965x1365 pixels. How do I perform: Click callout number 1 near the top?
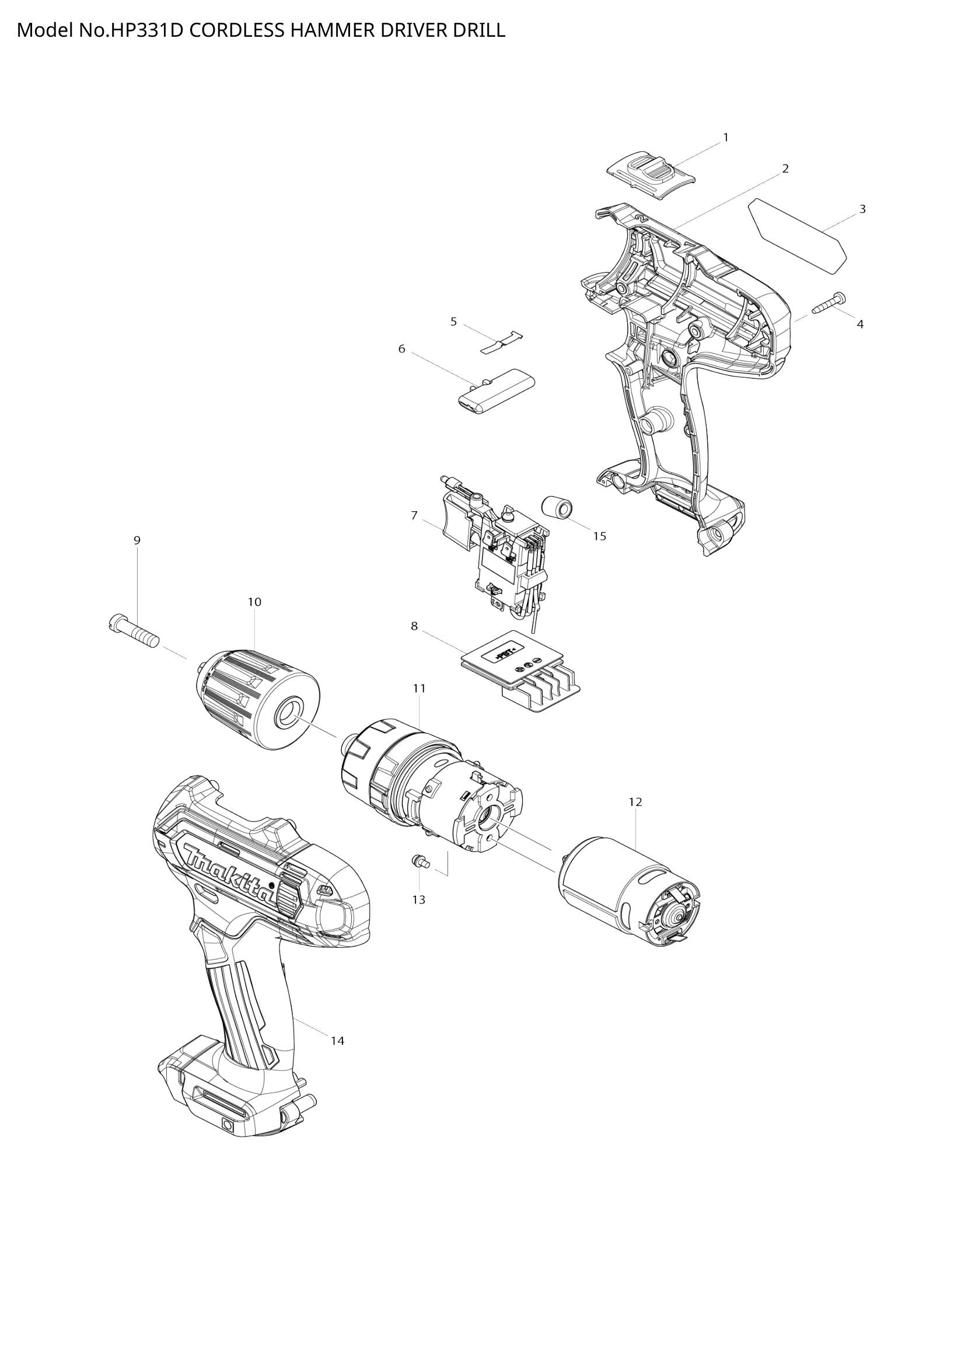point(726,137)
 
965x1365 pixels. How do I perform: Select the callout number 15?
point(600,536)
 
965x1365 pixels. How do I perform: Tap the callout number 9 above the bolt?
point(137,540)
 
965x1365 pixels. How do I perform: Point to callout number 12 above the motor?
point(635,802)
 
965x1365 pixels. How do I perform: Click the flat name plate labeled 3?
point(797,236)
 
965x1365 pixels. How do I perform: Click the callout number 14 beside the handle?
point(337,1041)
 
